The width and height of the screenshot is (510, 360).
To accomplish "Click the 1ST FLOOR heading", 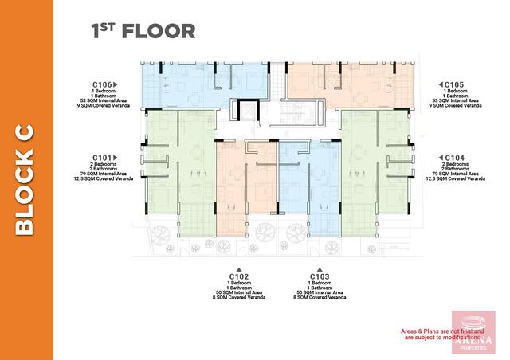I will coord(143,31).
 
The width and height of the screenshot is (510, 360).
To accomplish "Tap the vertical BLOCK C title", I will coord(25,179).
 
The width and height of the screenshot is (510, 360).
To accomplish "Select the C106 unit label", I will coord(101,84).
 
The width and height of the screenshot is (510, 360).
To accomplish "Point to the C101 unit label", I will coord(101,157).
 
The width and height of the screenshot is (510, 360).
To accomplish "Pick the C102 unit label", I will coord(239,276).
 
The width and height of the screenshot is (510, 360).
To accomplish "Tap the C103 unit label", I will coord(320,276).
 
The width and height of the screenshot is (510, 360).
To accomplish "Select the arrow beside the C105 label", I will coord(440,84).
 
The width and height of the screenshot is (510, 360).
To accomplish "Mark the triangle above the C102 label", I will coord(239,269).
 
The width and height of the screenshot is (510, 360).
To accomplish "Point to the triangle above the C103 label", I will coord(320,269).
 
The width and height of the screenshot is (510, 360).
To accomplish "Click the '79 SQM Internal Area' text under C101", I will coord(102,174).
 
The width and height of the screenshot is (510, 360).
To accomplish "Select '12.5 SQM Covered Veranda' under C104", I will coord(455,179).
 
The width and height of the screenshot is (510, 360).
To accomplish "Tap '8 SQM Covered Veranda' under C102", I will coord(239,298).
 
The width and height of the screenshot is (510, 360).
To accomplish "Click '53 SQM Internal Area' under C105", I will coord(455,100).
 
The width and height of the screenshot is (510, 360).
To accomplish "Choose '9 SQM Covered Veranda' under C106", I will coord(102,106).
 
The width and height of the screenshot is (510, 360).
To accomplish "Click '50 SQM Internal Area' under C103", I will coord(320,292).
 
